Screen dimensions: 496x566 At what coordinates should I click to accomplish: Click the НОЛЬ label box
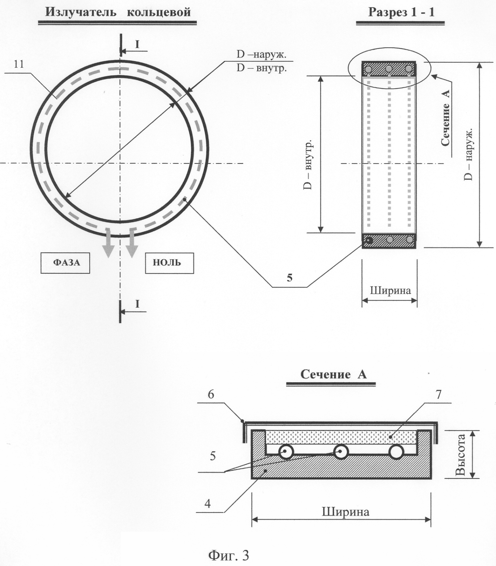(x=169, y=263)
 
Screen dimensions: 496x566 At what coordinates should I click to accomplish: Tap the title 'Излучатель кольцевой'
(x=118, y=12)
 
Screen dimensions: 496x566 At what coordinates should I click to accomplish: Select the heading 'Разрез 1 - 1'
(x=401, y=12)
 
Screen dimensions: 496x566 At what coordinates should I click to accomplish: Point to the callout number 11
(x=19, y=64)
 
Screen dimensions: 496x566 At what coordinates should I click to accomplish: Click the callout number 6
(x=211, y=394)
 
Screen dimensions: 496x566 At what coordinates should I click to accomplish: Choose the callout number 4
(x=207, y=503)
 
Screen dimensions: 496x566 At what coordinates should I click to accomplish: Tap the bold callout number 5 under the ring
(x=289, y=278)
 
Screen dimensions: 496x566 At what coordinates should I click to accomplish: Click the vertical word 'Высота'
(x=460, y=455)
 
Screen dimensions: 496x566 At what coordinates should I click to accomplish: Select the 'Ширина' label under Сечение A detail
(x=345, y=512)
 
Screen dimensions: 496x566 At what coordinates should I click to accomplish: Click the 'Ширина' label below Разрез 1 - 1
(x=390, y=290)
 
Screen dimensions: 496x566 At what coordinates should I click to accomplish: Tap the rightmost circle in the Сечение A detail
(x=396, y=452)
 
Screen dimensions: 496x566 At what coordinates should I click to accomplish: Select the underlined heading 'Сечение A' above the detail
(x=334, y=374)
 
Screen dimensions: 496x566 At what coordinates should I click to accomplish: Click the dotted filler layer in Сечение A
(x=342, y=437)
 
